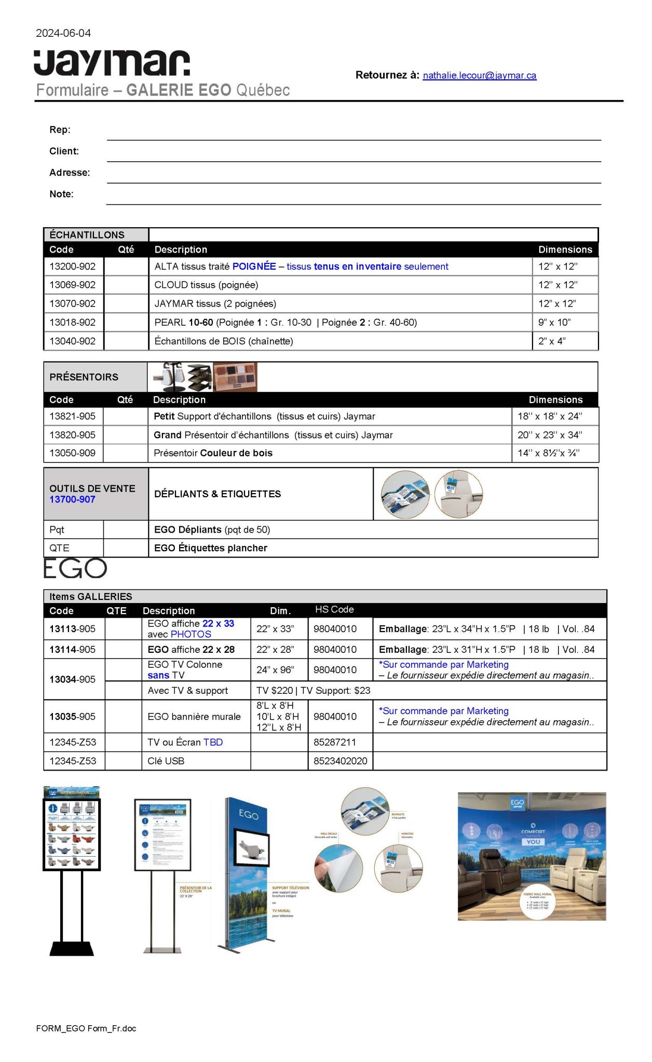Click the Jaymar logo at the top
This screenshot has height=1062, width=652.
coord(112,63)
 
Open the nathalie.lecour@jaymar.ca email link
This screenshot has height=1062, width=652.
coord(479,76)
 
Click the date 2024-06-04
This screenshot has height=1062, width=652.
coord(63,33)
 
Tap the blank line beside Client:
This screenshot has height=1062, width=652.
coord(353,154)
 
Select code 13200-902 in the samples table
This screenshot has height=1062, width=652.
coord(73,267)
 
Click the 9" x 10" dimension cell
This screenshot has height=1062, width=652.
coord(554,323)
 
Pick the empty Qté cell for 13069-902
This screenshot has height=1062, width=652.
coord(126,285)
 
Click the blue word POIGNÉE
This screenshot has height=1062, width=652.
coord(254,267)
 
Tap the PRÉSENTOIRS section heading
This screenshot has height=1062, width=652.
coord(84,377)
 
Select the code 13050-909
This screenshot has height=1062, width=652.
coord(73,453)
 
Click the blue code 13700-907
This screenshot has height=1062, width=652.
coord(72,499)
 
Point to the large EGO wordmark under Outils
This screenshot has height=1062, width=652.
coord(75,569)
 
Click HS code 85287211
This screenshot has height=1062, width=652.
coord(335,743)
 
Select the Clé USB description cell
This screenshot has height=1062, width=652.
coord(166,761)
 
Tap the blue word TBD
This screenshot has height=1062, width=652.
coord(213,743)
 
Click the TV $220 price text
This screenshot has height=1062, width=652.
coord(275,691)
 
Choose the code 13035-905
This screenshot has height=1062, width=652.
coord(73,717)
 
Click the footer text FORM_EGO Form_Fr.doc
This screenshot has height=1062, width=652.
coord(86,1028)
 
